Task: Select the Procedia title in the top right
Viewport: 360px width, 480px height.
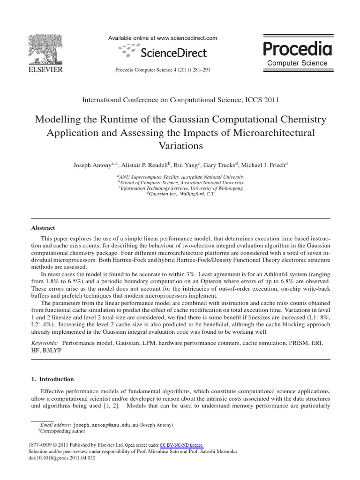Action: (297, 48)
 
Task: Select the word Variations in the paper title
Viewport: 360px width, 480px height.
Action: (180, 146)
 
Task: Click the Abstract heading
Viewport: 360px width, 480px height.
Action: (43, 228)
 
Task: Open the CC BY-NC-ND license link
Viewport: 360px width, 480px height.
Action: (182, 445)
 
